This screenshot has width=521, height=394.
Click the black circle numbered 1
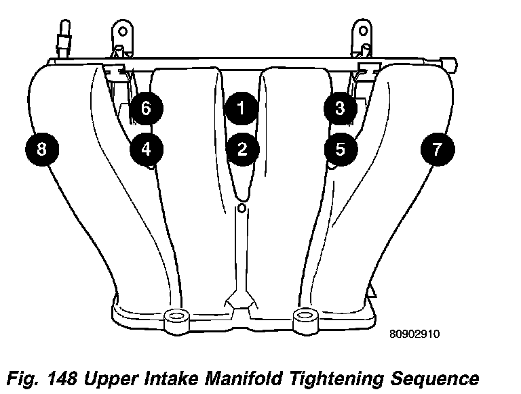pos(242,108)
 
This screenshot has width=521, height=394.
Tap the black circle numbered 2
pos(242,148)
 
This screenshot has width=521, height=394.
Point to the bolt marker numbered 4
pos(147,148)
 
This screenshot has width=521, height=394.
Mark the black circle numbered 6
pos(146,108)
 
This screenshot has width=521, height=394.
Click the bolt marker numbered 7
pos(437,148)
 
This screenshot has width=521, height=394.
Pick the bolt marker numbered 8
pos(41,148)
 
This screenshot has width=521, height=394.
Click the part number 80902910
pos(416,334)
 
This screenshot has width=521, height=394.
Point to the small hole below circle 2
pos(242,207)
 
